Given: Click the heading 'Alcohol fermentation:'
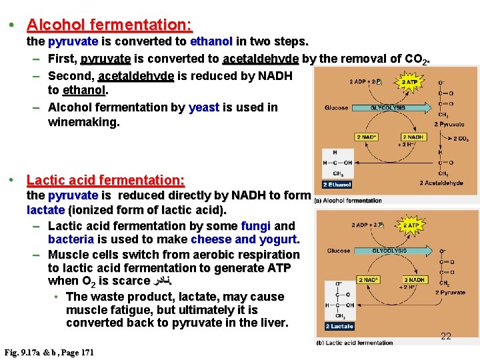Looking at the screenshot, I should [109, 25].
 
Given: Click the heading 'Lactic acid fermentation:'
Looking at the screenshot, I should [105, 180].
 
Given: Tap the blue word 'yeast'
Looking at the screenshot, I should [204, 107].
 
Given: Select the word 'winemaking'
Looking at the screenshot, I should [83, 122].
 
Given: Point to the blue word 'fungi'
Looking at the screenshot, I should [256, 226].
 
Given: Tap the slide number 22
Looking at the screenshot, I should [446, 336].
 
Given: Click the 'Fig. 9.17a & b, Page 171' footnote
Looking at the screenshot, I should [49, 351].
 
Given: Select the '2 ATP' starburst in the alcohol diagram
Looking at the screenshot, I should [409, 82].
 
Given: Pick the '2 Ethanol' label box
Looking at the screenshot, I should [337, 185].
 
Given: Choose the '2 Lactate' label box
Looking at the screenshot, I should [339, 326].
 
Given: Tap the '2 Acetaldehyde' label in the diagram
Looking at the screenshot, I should [441, 183].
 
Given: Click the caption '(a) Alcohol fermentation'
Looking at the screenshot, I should [348, 201].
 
